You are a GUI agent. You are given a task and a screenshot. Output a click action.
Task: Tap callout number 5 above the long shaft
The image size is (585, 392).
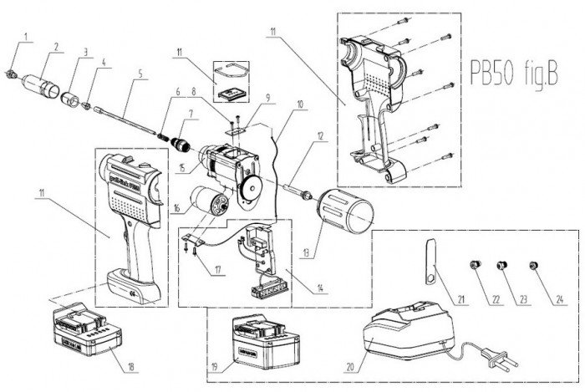[x=140, y=74]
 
